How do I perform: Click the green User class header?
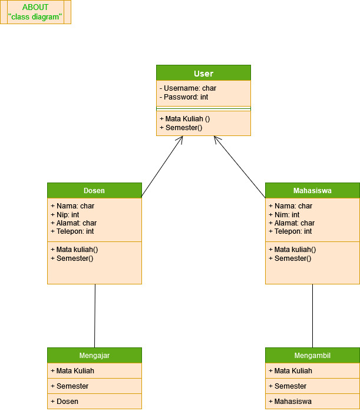[x=203, y=73]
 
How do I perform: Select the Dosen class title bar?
[x=94, y=190]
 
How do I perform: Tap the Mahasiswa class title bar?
[x=312, y=190]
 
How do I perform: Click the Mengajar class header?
[x=94, y=355]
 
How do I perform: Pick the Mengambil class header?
[x=312, y=355]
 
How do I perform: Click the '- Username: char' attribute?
[x=187, y=88]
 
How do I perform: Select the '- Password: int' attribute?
[x=183, y=97]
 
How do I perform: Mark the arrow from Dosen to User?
[x=162, y=167]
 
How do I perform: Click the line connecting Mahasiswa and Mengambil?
[x=312, y=316]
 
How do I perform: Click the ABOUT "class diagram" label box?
[x=35, y=12]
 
